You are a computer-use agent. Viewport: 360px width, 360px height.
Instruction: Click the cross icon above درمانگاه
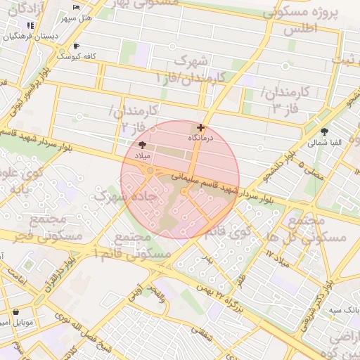pos(202,128)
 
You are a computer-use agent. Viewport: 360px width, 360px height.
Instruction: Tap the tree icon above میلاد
pos(143,144)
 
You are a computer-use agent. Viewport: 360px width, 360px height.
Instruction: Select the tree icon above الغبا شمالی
pos(324,131)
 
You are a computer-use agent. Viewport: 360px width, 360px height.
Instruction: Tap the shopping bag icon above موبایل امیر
pos(16,311)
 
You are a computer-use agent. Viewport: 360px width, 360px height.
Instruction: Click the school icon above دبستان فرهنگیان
pos(30,25)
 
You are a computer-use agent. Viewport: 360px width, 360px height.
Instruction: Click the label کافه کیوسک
pos(77,55)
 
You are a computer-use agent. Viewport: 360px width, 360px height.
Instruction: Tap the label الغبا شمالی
pos(324,142)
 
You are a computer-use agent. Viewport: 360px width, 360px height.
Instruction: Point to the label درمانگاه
pos(202,139)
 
